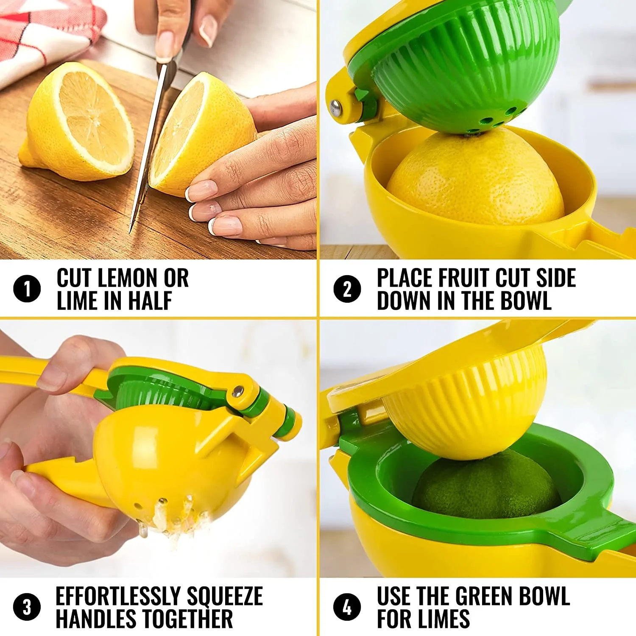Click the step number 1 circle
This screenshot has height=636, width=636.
click(27, 289)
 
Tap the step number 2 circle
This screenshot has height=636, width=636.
click(347, 289)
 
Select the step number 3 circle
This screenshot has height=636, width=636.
click(27, 607)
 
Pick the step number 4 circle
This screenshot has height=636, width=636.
click(347, 607)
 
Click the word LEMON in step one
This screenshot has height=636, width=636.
click(128, 278)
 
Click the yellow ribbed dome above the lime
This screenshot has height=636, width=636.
click(466, 407)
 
